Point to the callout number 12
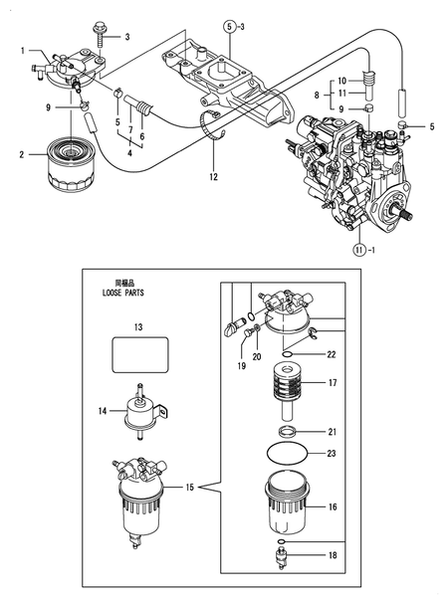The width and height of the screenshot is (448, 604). (x=212, y=178)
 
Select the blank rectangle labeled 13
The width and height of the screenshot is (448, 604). (x=140, y=354)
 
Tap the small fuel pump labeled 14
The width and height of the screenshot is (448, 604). (x=139, y=410)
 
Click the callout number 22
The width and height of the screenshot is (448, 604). (x=333, y=354)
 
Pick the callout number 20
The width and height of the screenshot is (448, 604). (x=256, y=356)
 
